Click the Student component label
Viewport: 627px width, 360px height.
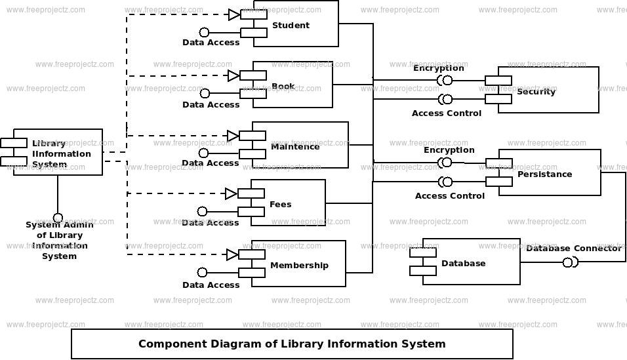(291, 25)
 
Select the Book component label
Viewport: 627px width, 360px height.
(283, 87)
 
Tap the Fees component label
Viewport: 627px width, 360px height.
(280, 205)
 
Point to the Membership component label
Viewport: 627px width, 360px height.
(299, 265)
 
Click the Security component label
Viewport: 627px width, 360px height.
(536, 92)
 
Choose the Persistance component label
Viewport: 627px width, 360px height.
(544, 174)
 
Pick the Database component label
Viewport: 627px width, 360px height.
(464, 263)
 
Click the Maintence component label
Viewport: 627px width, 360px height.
(295, 147)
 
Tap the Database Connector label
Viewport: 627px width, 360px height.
(574, 249)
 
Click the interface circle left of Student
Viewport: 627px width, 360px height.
(205, 32)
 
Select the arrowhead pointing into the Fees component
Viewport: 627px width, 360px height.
(231, 194)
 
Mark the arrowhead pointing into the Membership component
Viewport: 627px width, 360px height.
(232, 255)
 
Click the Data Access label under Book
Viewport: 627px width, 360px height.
(211, 105)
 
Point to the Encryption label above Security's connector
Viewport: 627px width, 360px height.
(439, 68)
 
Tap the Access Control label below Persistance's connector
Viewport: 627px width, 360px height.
(450, 196)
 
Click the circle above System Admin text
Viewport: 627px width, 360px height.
(58, 218)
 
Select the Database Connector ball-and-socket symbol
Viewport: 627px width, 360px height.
(570, 263)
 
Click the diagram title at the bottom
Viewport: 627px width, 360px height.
(292, 344)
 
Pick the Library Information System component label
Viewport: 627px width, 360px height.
(61, 153)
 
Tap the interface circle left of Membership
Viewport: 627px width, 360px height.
(203, 272)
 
